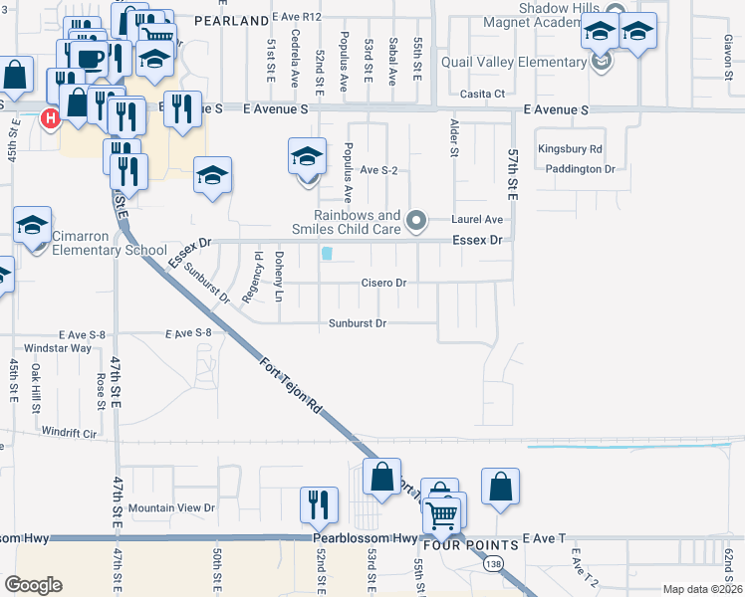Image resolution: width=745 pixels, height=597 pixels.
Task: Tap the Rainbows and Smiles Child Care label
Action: tap(358, 222)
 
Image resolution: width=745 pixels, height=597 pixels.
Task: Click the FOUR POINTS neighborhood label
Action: tap(471, 545)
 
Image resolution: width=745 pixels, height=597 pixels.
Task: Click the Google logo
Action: tap(33, 584)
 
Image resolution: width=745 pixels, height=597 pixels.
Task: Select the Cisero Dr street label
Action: tap(382, 283)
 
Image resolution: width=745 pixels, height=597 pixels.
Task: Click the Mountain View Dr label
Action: tap(171, 507)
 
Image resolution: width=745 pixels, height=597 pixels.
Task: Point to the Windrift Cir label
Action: tap(69, 433)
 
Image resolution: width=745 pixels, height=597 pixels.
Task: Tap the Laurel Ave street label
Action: tap(477, 219)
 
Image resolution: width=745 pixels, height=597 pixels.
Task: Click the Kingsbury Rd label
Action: tap(570, 149)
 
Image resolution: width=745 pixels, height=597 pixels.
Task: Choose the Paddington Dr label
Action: tap(581, 169)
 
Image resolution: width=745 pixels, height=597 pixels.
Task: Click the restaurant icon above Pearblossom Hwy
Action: tap(319, 506)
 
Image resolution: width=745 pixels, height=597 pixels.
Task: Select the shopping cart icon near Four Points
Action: tap(441, 512)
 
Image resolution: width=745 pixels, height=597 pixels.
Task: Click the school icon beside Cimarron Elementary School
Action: tap(32, 227)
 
